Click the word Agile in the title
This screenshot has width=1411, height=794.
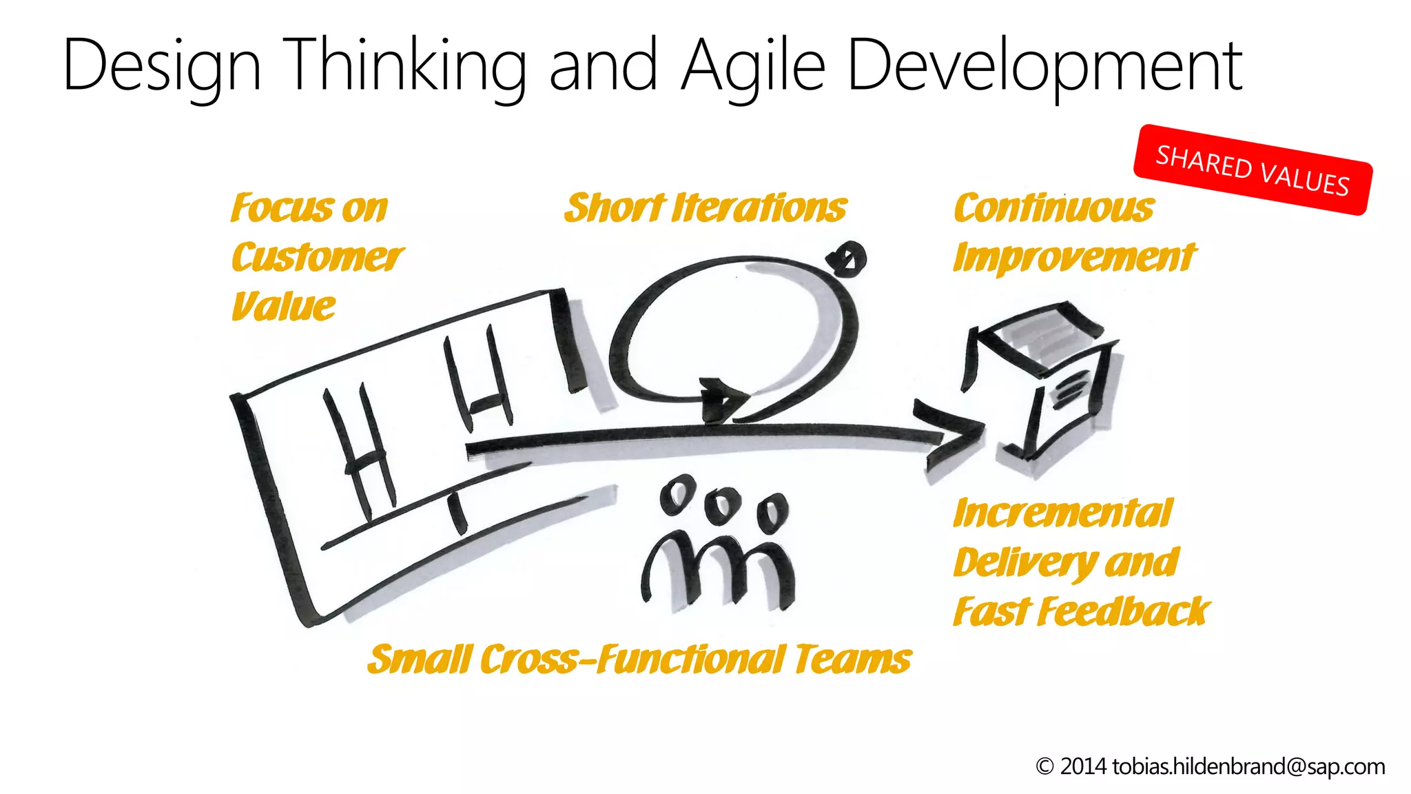coord(754,66)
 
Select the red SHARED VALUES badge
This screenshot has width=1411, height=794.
coord(1253,170)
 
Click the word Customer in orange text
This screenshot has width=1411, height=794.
coord(317,258)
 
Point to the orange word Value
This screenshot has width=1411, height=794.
coord(283,307)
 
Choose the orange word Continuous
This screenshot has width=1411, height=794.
coord(1053,208)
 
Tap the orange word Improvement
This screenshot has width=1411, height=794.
coord(1074,258)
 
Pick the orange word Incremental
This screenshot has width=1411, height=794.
coord(1062,513)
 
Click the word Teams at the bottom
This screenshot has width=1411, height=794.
coord(852,660)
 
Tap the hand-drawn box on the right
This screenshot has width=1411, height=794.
coord(1040,386)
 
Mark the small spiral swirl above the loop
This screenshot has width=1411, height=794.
coord(848,259)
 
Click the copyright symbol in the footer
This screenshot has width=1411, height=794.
coord(1044,766)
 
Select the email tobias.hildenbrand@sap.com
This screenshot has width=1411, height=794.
coord(1248,766)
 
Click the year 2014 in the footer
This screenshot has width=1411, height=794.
coord(1083,766)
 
